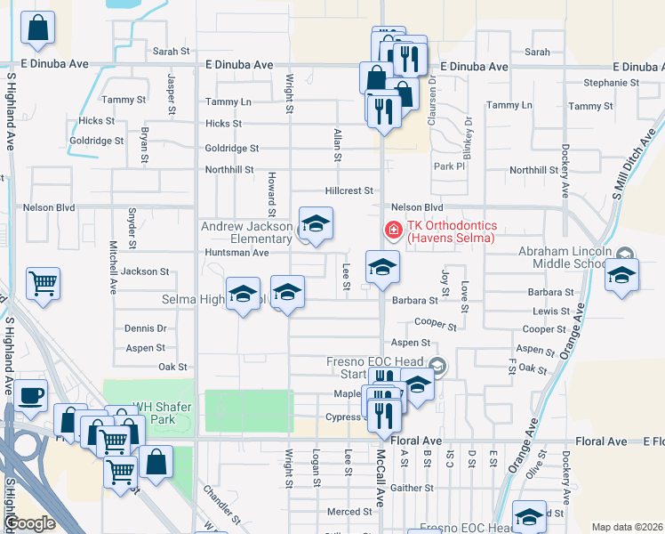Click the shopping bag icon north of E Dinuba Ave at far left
(37, 29)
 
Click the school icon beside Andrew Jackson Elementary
(315, 225)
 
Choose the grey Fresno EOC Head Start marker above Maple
(437, 365)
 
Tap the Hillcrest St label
(349, 190)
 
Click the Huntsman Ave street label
(236, 253)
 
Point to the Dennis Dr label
(146, 328)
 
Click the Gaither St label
(411, 488)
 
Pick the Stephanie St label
(612, 83)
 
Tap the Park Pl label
(449, 166)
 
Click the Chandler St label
(221, 503)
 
